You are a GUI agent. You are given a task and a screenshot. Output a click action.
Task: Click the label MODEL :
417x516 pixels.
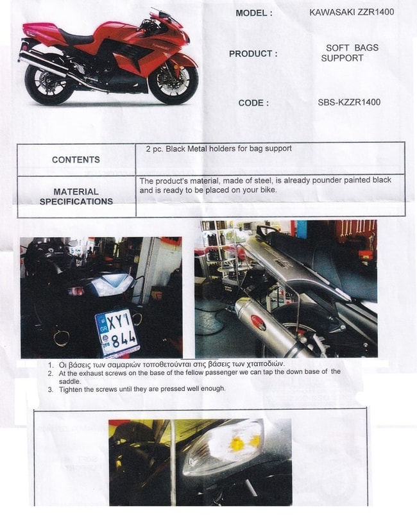tap(254, 13)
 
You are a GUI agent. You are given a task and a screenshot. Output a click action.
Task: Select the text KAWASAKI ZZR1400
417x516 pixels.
tap(352, 12)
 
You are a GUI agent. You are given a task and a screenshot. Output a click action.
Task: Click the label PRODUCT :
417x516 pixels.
tap(253, 54)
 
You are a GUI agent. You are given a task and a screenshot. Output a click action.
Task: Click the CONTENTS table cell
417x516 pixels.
tap(76, 160)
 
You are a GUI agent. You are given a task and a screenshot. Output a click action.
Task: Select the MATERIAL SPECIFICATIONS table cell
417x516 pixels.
tap(76, 196)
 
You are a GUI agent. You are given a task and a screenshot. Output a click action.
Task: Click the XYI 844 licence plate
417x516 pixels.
tap(117, 333)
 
